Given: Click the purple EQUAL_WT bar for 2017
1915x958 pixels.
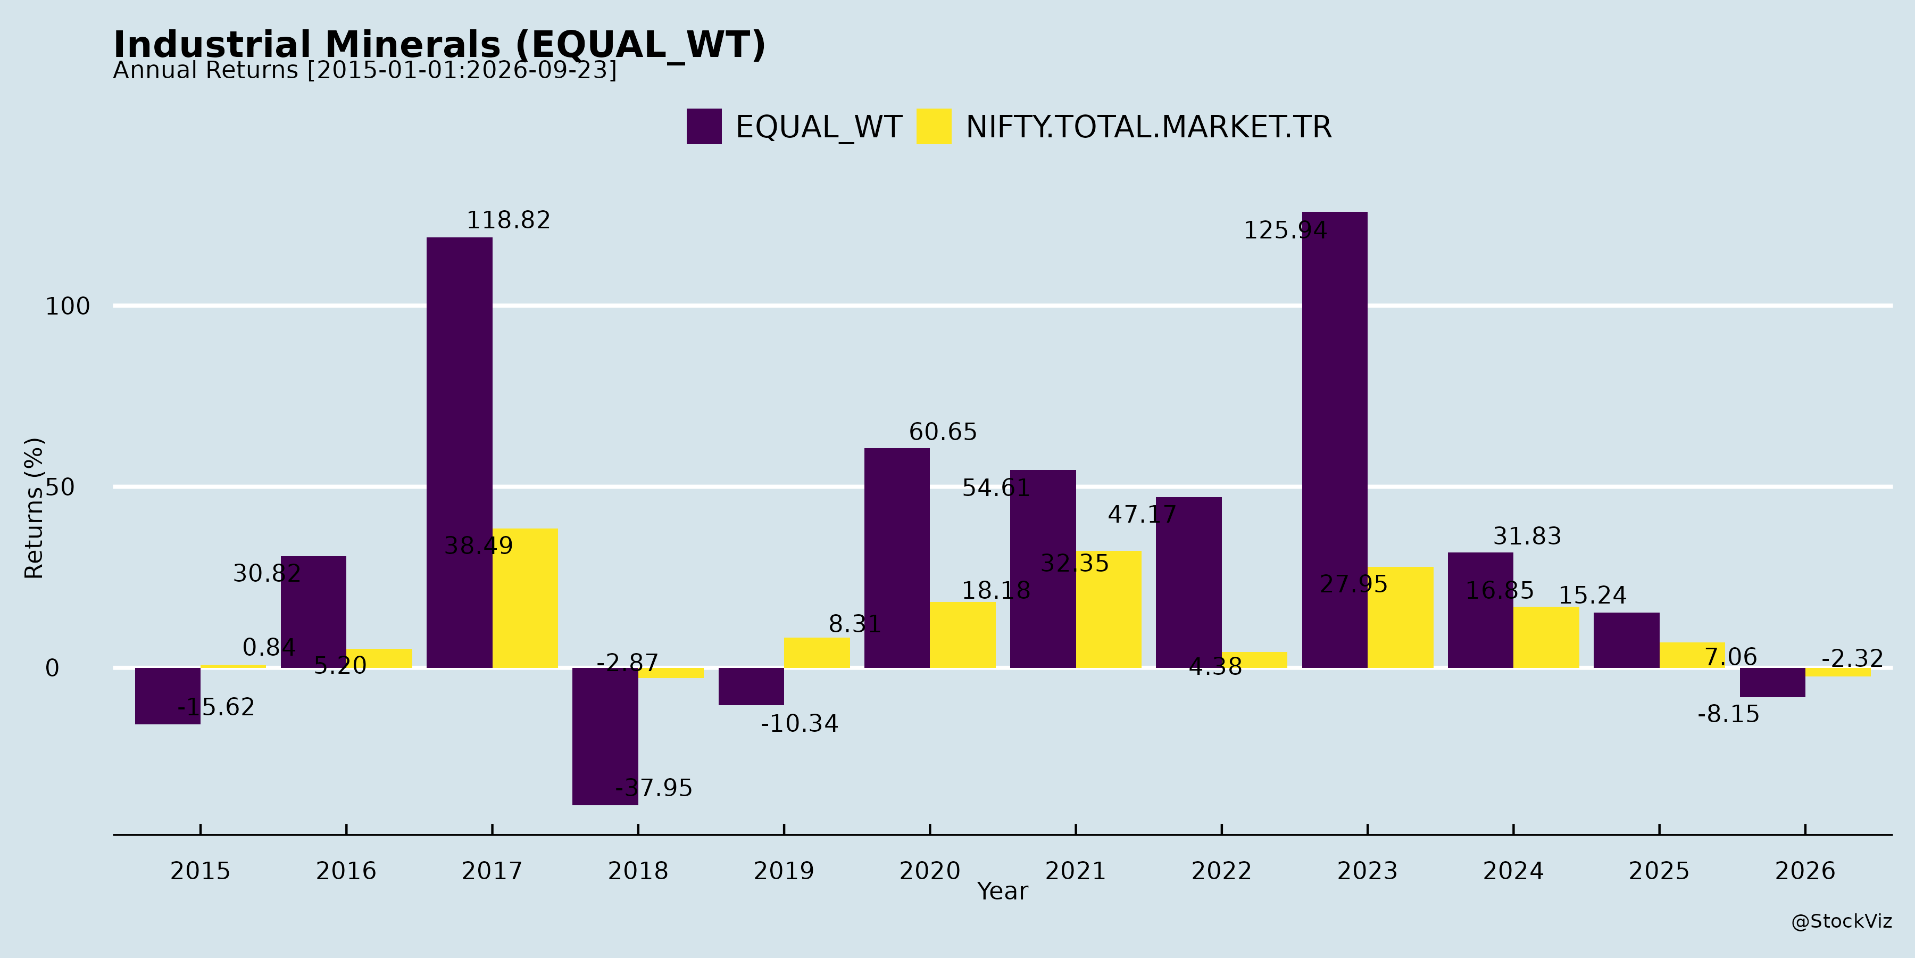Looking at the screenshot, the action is click(460, 452).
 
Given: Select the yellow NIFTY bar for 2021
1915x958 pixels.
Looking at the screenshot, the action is click(1109, 609).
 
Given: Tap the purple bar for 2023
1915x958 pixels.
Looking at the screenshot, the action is click(1335, 440).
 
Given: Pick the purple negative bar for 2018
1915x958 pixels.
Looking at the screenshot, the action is click(605, 737).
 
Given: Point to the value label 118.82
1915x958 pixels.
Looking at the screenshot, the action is click(509, 220).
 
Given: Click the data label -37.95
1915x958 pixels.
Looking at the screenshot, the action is click(653, 788).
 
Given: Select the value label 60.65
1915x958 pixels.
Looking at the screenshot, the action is click(943, 432).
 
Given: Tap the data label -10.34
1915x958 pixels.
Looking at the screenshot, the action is click(799, 724).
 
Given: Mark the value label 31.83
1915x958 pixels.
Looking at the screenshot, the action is click(1527, 536).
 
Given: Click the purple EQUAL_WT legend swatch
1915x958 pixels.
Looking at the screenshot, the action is click(704, 127).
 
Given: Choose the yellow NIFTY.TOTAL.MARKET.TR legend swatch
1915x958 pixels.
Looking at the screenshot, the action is click(934, 127).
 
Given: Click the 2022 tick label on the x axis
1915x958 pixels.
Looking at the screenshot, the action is click(1221, 871).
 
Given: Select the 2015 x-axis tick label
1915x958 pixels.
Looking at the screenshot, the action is click(200, 871).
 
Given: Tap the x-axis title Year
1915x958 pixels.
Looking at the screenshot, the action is click(1002, 891).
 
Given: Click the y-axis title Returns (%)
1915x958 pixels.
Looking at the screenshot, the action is click(34, 508).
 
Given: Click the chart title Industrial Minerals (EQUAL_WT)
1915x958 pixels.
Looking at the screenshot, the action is click(439, 45).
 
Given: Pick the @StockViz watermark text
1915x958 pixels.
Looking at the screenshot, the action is click(1842, 922).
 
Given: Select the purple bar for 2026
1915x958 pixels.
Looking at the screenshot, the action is click(1772, 683).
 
